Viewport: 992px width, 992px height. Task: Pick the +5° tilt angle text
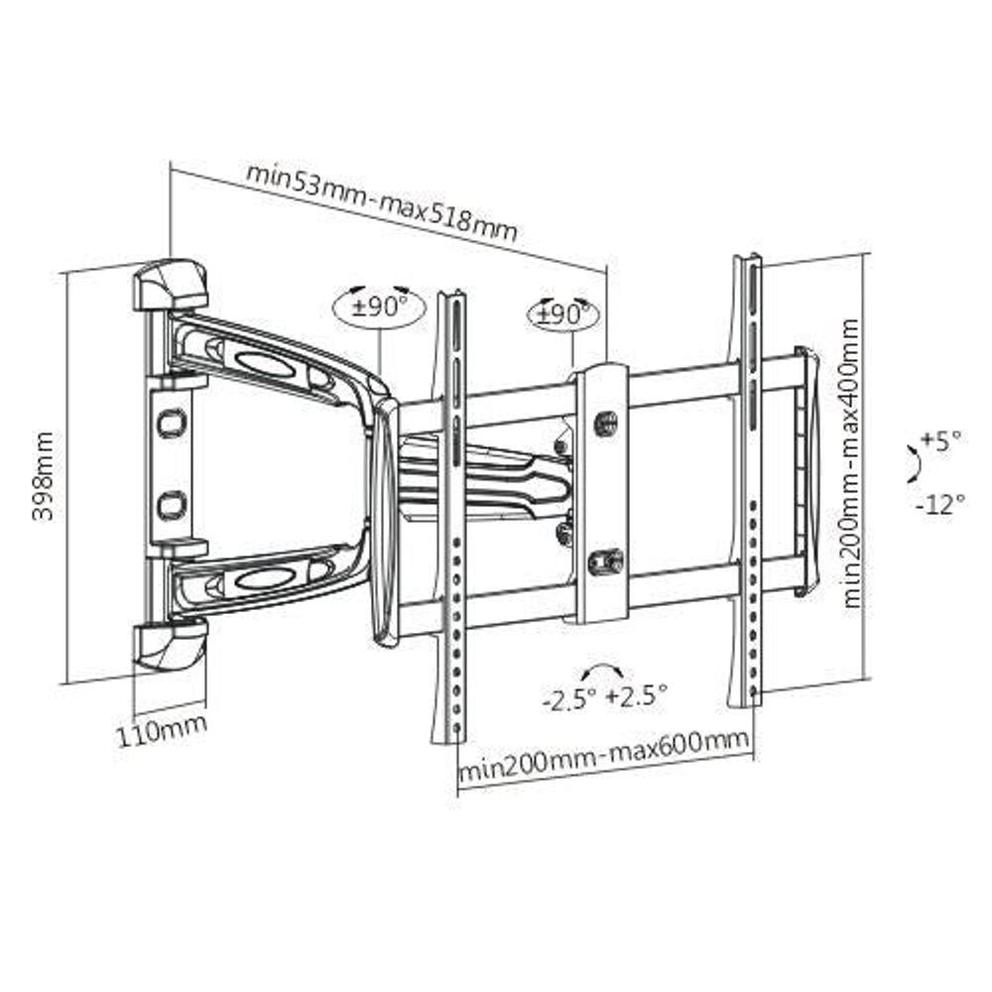[940, 440]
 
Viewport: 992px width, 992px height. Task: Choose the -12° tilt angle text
[939, 504]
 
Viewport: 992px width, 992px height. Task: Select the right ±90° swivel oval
[563, 314]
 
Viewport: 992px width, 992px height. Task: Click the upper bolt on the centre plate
[603, 422]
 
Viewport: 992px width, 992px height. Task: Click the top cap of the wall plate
[171, 284]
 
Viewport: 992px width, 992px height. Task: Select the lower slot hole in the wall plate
[171, 504]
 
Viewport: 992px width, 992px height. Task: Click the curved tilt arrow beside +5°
[911, 463]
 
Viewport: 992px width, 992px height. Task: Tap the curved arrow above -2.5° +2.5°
[605, 670]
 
